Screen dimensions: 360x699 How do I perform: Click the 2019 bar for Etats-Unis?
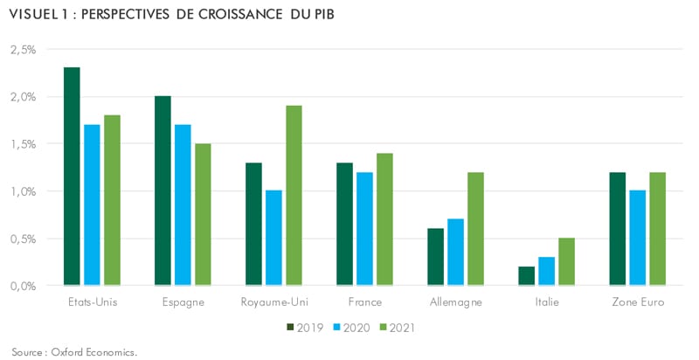coord(72,176)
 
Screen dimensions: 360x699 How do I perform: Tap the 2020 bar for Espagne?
coord(183,204)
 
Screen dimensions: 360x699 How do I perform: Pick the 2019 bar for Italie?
coord(526,275)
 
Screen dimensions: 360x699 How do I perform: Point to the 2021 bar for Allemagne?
coord(475,228)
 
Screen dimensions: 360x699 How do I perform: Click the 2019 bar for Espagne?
coord(163,190)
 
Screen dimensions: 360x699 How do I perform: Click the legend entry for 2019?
coord(305,328)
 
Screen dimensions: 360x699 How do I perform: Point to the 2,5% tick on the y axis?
coord(23,50)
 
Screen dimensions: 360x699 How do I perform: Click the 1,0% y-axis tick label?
coord(23,191)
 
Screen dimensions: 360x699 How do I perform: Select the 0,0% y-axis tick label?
coord(23,286)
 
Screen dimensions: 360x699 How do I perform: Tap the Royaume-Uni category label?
coord(273,302)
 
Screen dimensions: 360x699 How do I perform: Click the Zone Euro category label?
coord(637,302)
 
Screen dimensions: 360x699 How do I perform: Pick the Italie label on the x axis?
coord(546,302)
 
